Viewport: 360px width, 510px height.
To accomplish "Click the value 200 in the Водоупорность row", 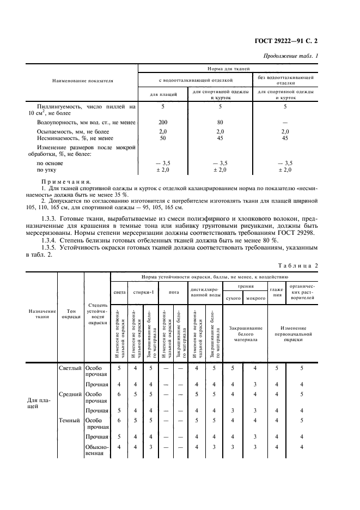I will pos(163,122).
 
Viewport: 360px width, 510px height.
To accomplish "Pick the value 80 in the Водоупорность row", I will pos(220,122).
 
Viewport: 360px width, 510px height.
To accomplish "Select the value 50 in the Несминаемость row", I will pos(163,138).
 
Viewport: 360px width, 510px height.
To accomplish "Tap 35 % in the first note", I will pos(154,195).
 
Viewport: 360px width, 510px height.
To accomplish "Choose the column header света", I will pos(119,292).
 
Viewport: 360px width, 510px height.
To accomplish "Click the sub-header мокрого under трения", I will pos(255,299).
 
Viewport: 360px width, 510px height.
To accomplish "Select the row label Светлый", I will pos(70,368).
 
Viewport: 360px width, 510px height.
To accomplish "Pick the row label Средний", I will pos(70,393).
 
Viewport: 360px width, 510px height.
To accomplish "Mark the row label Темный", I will pos(70,420).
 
